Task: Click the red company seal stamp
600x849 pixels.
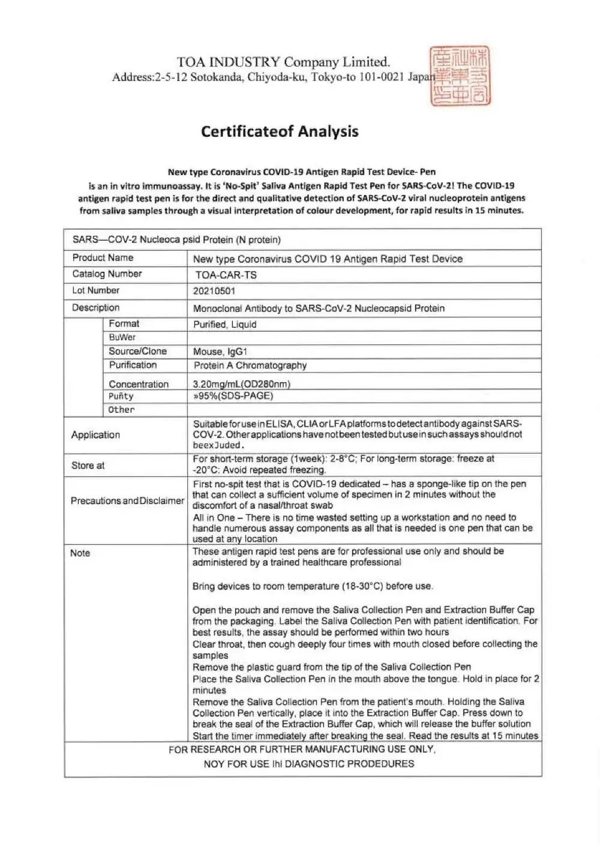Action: click(x=460, y=77)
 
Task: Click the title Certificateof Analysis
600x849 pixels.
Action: click(x=280, y=131)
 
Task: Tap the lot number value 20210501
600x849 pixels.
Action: click(x=214, y=291)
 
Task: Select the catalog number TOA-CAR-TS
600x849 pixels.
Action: click(x=226, y=275)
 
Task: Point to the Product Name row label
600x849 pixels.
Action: click(x=103, y=257)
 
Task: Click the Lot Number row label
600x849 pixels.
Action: click(x=96, y=290)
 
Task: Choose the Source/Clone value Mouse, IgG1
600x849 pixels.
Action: click(x=220, y=352)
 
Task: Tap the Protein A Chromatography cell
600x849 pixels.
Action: click(x=250, y=365)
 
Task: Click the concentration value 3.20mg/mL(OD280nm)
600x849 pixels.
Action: click(x=241, y=384)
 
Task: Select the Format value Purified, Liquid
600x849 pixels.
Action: click(x=224, y=325)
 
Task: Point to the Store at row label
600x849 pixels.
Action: click(x=88, y=465)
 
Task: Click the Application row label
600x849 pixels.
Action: click(x=95, y=435)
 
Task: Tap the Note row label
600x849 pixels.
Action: click(x=80, y=553)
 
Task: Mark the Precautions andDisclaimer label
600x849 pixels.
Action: click(x=127, y=500)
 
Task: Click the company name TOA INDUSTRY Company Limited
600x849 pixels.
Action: click(x=283, y=62)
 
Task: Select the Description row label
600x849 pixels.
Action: click(x=95, y=308)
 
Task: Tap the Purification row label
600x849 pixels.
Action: click(x=133, y=365)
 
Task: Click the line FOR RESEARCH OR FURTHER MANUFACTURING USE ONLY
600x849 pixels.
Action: click(x=302, y=749)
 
